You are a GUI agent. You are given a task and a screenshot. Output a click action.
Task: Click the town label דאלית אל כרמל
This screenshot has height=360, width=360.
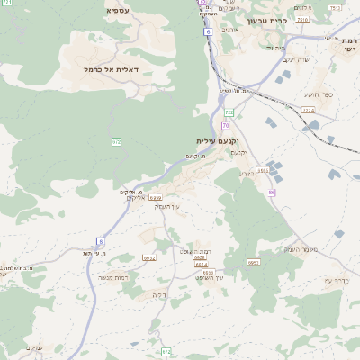click(x=88, y=68)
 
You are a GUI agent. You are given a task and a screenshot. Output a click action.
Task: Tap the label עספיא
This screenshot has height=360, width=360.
click(x=117, y=10)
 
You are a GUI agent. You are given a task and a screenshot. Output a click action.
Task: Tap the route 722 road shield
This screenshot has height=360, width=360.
click(x=229, y=112)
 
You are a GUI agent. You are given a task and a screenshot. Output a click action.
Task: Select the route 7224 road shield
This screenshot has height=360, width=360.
click(x=309, y=110)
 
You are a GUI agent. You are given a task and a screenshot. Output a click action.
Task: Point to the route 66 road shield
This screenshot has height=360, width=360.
click(x=271, y=192)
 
